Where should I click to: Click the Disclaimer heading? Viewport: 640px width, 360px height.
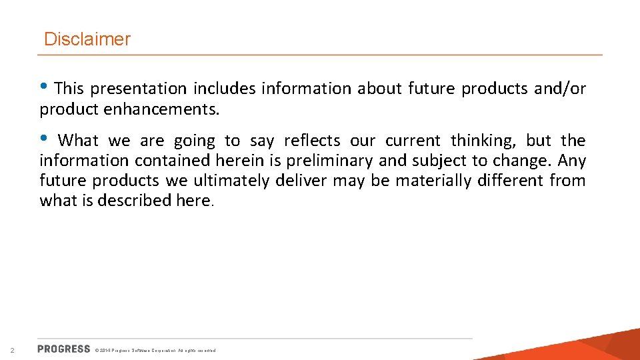click(x=87, y=39)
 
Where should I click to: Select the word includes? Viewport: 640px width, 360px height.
click(x=225, y=89)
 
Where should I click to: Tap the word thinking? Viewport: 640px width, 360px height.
click(x=484, y=141)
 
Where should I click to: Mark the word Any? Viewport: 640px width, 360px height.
click(x=571, y=161)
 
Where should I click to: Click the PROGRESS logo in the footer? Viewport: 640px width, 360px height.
click(x=64, y=349)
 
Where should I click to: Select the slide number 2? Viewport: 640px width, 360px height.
click(x=12, y=350)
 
